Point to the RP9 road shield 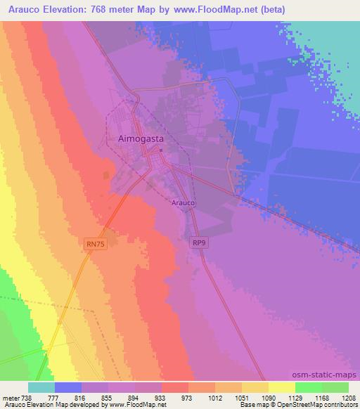pyautogui.click(x=200, y=243)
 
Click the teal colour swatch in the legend pyautogui.click(x=41, y=387)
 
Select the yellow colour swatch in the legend pyautogui.click(x=282, y=387)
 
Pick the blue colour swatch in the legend pyautogui.click(x=68, y=387)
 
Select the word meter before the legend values pyautogui.click(x=10, y=397)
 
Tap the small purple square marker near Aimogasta pyautogui.click(x=160, y=150)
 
